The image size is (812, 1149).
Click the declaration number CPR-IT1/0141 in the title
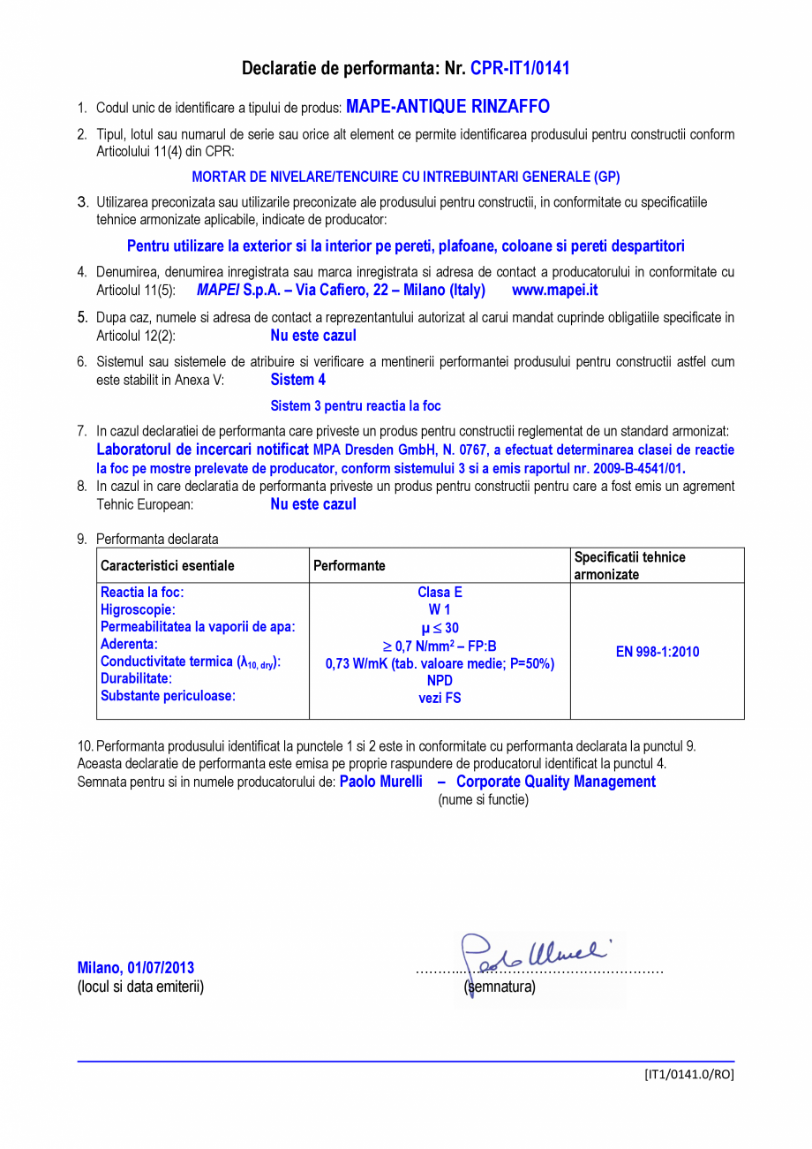click(x=520, y=68)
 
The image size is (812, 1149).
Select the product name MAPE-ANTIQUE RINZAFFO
click(x=447, y=107)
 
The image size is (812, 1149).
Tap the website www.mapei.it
click(x=554, y=290)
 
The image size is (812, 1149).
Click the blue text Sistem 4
click(x=297, y=380)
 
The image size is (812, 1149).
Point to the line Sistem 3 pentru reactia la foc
click(x=355, y=406)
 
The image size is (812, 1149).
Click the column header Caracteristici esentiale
click(x=168, y=565)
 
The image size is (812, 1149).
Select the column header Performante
click(x=350, y=565)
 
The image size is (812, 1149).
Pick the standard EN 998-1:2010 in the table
click(x=657, y=652)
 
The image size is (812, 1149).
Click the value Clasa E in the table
click(x=440, y=593)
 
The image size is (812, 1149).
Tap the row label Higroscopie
click(x=138, y=609)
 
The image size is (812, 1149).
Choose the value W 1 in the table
click(x=440, y=609)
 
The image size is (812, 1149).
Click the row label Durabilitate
click(x=136, y=678)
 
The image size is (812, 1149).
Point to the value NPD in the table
click(x=440, y=681)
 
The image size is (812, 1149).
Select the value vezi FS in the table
click(x=440, y=698)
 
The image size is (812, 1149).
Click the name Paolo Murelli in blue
click(x=381, y=782)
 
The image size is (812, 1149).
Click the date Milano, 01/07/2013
click(x=136, y=968)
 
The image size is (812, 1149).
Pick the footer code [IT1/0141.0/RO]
click(x=688, y=1074)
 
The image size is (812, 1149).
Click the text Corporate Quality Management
click(x=556, y=782)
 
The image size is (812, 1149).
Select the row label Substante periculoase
click(x=168, y=696)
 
